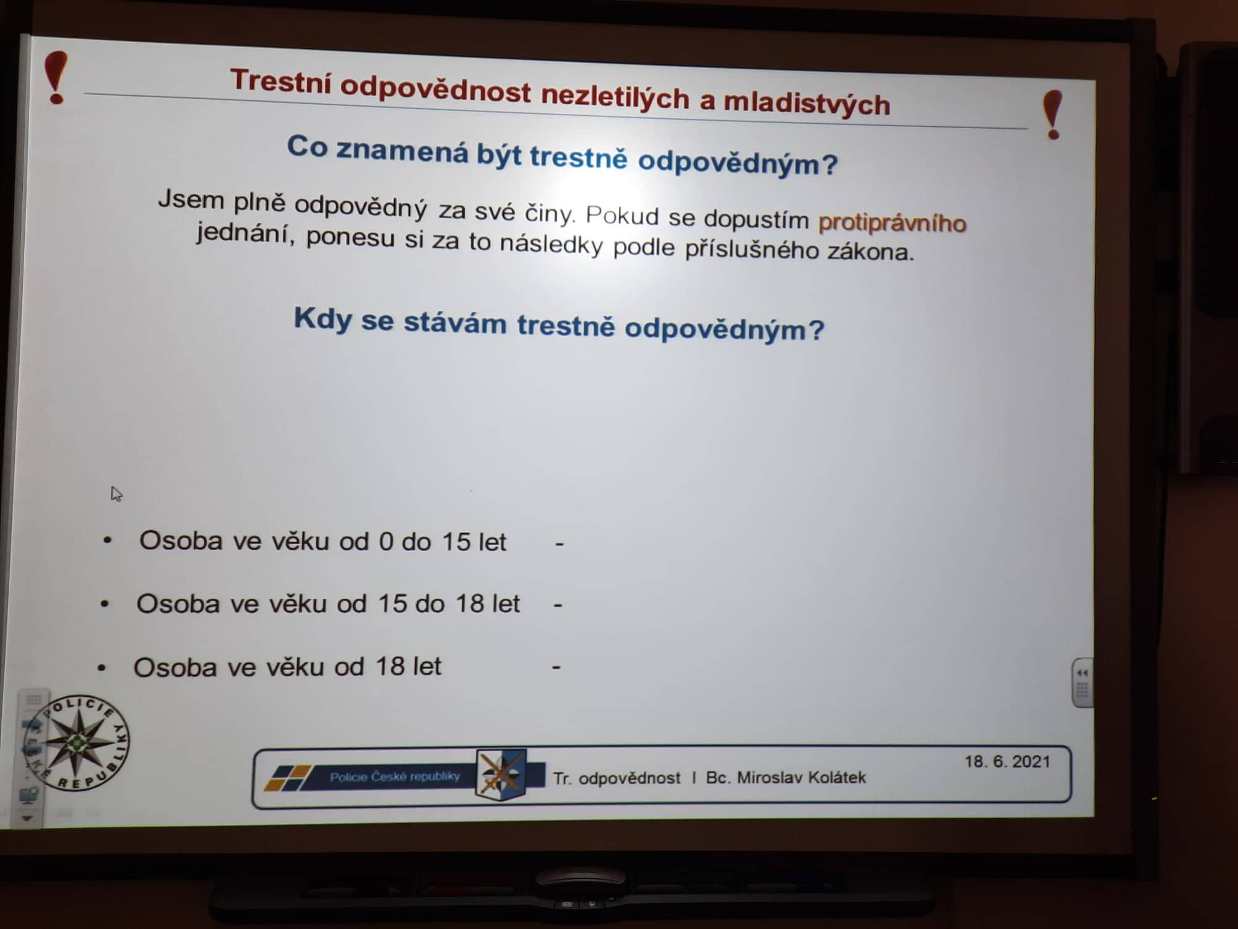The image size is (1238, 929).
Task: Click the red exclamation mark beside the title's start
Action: [x=56, y=77]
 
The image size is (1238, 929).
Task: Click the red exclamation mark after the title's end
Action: [x=1052, y=115]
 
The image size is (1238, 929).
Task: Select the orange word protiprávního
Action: [x=892, y=222]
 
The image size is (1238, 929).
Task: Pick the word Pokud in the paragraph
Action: [x=622, y=215]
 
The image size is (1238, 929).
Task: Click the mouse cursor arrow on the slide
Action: [x=116, y=494]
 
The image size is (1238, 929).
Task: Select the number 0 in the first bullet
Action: [x=386, y=542]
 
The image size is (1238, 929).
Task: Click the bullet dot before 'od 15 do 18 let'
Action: [x=105, y=603]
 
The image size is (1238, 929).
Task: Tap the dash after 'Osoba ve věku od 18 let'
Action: [x=556, y=668]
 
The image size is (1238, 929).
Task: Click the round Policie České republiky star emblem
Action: [x=77, y=743]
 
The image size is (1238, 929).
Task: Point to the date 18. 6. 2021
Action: [x=1007, y=761]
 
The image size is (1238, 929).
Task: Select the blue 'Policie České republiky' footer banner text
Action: [x=394, y=777]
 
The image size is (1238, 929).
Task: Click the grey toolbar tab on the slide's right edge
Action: [x=1082, y=683]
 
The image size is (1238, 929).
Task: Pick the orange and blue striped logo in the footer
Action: [x=287, y=778]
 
